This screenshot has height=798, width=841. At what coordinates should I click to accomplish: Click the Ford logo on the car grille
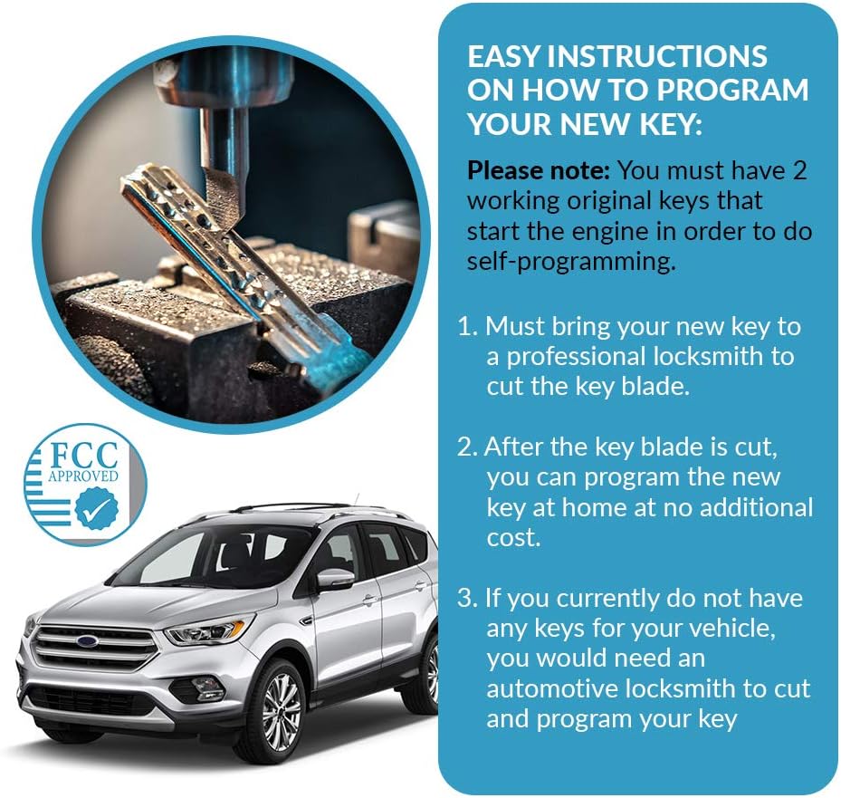(x=86, y=641)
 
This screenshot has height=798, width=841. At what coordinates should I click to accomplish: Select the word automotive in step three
(x=552, y=688)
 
